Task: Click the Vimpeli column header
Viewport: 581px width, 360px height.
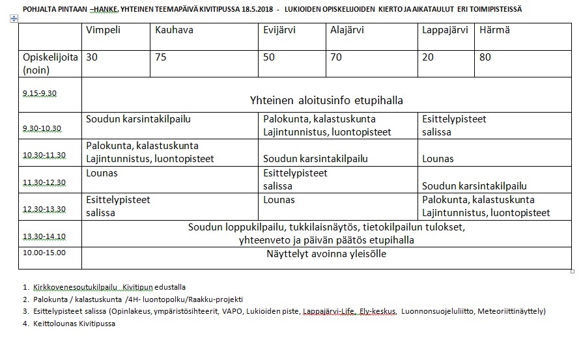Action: (x=103, y=31)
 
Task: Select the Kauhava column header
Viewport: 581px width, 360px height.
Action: (x=174, y=31)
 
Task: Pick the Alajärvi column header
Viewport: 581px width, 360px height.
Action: (x=347, y=31)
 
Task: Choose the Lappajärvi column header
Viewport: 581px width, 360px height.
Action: (x=445, y=31)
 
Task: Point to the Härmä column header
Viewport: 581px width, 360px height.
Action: (x=494, y=31)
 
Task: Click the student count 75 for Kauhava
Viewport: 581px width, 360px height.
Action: (x=161, y=57)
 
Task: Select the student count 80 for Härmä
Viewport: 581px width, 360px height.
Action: (x=485, y=57)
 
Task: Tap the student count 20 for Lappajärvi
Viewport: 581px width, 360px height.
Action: (x=428, y=57)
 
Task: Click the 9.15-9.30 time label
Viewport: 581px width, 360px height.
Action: (x=40, y=93)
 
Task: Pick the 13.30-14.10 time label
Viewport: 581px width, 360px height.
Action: (x=44, y=236)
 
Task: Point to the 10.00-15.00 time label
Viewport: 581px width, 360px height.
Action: (x=44, y=252)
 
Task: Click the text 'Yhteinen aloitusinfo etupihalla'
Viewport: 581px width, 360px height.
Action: (x=326, y=100)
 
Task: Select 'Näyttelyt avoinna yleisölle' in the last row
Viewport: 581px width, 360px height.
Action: (x=326, y=254)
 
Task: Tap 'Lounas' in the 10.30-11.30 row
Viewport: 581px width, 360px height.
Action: (x=438, y=159)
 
